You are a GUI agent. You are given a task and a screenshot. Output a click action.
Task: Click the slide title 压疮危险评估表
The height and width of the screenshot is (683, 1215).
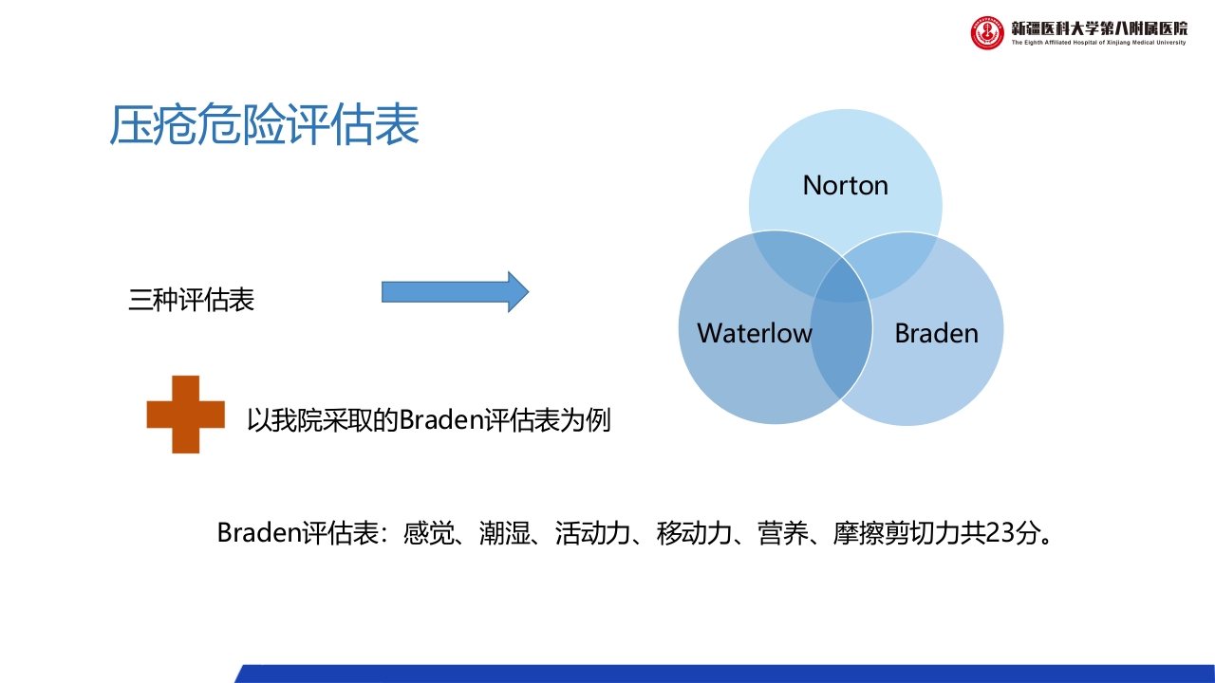[x=265, y=126]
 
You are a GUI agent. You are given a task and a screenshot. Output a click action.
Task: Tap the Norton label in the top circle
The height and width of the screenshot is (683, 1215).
[x=845, y=185]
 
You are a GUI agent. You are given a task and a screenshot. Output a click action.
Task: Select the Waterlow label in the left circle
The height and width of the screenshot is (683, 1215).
[x=755, y=333]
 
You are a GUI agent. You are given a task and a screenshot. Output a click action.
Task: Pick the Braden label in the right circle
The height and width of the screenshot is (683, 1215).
[x=936, y=333]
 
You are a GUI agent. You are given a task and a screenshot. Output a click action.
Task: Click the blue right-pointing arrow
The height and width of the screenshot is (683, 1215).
[x=455, y=292]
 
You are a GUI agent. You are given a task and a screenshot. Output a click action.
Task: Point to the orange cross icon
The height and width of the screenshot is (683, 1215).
[x=186, y=415]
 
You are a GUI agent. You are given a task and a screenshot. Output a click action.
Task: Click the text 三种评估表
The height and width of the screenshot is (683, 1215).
[x=192, y=301]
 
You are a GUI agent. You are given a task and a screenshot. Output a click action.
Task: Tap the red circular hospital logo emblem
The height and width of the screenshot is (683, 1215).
[x=987, y=33]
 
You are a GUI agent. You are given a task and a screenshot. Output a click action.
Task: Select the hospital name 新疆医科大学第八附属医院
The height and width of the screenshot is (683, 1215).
[x=1099, y=28]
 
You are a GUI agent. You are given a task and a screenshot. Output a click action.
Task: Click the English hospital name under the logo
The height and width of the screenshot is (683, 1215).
[x=1099, y=43]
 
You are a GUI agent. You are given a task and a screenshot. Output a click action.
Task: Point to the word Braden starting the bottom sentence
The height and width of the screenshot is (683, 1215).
[x=259, y=533]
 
